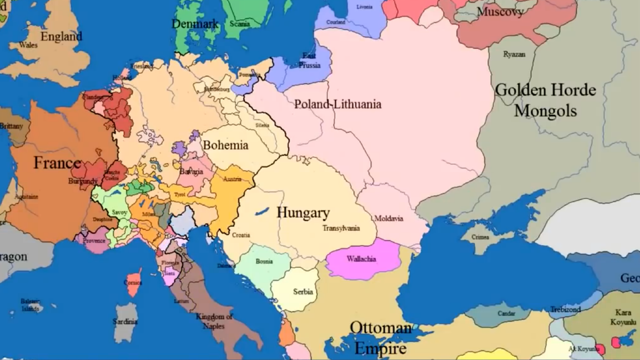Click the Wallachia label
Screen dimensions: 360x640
click(361, 259)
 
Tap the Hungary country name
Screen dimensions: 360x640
click(303, 213)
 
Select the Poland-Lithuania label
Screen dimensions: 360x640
click(338, 104)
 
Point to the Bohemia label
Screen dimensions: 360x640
click(226, 145)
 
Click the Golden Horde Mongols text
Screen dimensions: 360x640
click(545, 100)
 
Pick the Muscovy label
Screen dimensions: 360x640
click(500, 12)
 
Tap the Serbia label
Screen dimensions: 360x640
click(303, 292)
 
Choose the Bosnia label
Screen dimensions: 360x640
click(265, 261)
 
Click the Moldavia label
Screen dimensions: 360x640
click(388, 219)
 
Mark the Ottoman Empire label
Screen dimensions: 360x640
click(380, 338)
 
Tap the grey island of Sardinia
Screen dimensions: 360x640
click(125, 323)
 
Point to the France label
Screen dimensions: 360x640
click(57, 163)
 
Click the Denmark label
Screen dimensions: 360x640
click(195, 24)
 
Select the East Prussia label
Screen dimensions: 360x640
click(309, 61)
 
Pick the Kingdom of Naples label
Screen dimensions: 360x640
click(214, 321)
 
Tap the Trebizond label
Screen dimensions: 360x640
click(565, 309)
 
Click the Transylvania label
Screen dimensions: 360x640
click(341, 228)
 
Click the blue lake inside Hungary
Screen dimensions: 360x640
click(261, 212)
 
